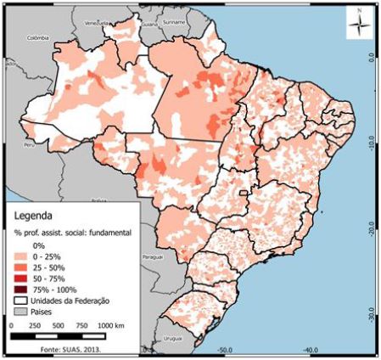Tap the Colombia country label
(38, 38)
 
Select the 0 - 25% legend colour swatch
(21, 255)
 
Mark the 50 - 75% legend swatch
(21, 277)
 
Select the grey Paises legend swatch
(21, 311)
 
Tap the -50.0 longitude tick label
(224, 349)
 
